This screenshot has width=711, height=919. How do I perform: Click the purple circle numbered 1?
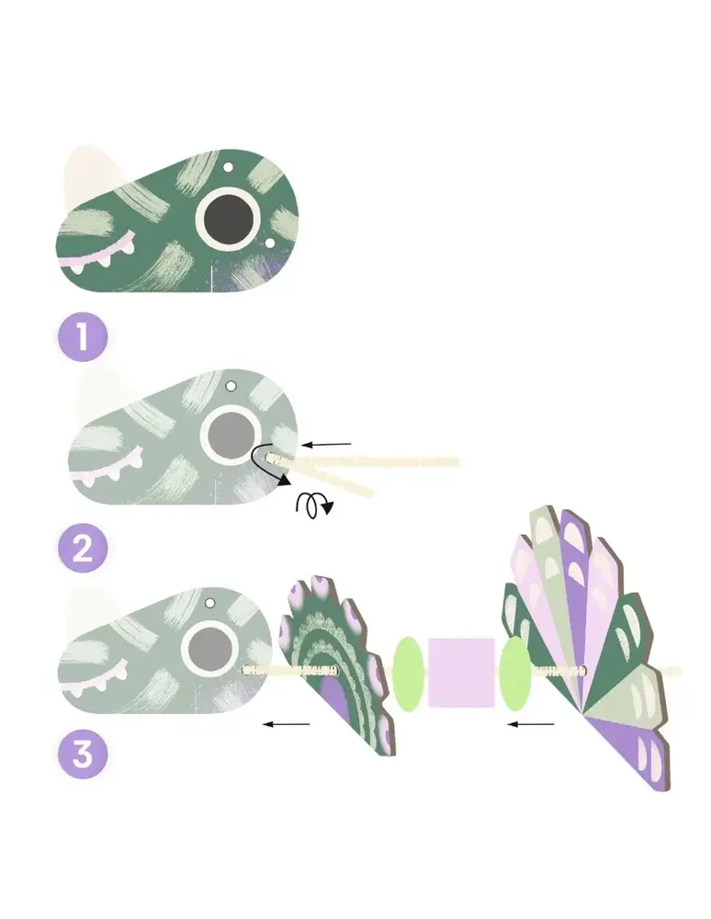click(x=83, y=336)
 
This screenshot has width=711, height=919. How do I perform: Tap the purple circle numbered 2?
click(x=83, y=548)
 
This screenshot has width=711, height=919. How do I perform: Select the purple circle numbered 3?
click(x=83, y=754)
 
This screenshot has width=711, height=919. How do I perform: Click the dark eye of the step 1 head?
click(x=228, y=219)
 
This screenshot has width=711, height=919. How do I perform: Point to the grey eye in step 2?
click(x=231, y=435)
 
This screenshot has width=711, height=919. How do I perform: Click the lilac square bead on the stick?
click(x=461, y=673)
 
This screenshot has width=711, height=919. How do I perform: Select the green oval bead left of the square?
click(x=408, y=675)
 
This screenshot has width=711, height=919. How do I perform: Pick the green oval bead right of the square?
click(x=515, y=674)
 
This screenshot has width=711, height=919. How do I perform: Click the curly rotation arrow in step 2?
click(x=314, y=505)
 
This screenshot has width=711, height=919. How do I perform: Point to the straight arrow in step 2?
click(x=327, y=445)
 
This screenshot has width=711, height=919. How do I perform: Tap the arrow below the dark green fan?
click(x=286, y=724)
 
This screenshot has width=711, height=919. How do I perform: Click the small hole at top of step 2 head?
click(x=231, y=386)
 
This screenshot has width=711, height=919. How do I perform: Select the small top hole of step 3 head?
click(x=209, y=603)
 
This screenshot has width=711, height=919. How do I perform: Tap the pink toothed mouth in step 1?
click(x=97, y=255)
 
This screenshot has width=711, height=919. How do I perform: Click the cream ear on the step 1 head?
click(x=90, y=174)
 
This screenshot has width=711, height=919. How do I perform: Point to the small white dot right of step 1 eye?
click(x=269, y=242)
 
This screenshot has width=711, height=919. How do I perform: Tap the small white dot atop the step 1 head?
click(x=229, y=167)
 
